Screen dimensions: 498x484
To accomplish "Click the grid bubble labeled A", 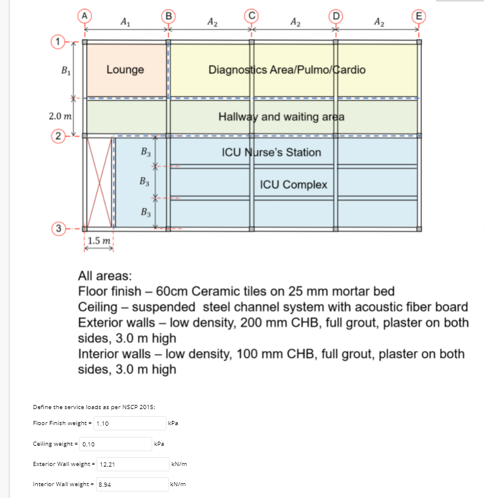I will click(x=85, y=16).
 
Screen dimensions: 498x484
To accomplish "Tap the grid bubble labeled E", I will click(x=418, y=16).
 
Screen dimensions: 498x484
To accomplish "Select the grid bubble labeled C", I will click(x=251, y=16).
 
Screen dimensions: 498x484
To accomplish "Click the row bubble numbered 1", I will click(x=57, y=41).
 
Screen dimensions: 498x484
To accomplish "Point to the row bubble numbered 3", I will click(x=57, y=229).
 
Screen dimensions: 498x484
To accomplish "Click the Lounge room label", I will click(x=125, y=69).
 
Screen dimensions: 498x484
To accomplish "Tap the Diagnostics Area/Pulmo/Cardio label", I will click(x=287, y=69).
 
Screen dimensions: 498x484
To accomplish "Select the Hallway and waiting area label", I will click(x=281, y=116).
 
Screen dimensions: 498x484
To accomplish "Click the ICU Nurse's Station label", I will click(x=271, y=152).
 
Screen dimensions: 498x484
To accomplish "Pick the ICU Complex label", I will click(x=293, y=184).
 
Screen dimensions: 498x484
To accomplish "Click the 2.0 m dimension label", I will click(x=60, y=116).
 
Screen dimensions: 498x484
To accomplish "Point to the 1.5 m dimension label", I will click(x=98, y=241).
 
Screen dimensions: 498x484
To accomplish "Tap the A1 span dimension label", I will click(x=126, y=23).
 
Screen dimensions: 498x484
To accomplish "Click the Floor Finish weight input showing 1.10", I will click(x=129, y=423).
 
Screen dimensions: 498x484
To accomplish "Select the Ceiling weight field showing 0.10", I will click(x=116, y=443).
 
